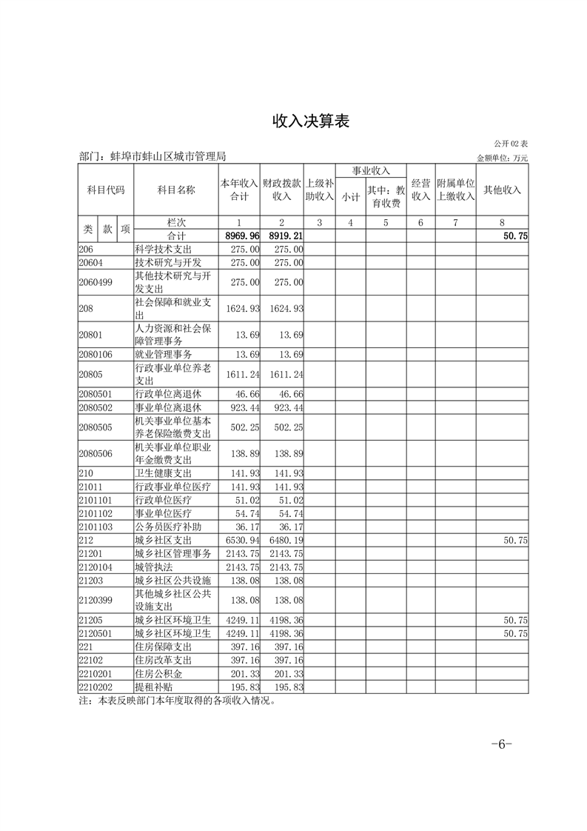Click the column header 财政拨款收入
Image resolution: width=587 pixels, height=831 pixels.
pos(281,190)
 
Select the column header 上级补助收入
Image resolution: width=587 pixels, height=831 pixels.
pos(319,190)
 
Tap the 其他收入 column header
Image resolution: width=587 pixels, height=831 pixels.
pos(502,190)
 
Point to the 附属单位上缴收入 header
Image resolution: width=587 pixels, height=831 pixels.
pos(455,190)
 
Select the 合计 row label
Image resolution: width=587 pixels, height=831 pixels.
pos(175,236)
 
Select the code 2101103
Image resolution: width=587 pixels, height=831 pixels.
pos(95,527)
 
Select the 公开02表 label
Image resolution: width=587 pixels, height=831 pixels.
pos(511,143)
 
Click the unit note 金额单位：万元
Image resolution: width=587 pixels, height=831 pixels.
pos(503,158)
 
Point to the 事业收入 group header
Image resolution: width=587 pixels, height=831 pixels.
pos(371,170)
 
